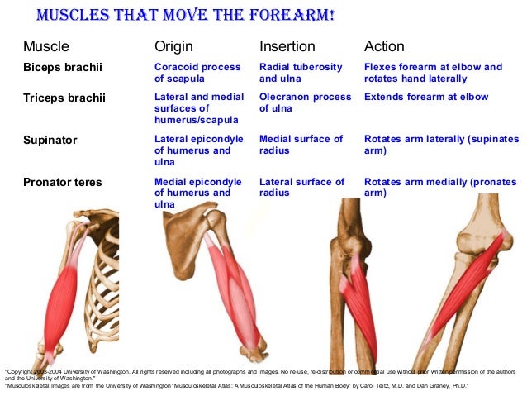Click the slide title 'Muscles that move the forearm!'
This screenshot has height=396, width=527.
(x=185, y=16)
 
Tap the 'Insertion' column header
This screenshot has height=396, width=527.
(x=287, y=46)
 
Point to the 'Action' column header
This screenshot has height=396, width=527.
(x=384, y=46)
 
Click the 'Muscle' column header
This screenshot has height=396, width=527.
(x=45, y=46)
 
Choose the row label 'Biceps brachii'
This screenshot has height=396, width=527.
(x=63, y=68)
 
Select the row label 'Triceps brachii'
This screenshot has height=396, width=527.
(x=64, y=98)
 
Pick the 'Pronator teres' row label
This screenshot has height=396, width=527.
(x=63, y=182)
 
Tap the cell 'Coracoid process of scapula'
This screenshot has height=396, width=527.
(x=197, y=73)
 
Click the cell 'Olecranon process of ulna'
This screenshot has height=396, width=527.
(x=305, y=103)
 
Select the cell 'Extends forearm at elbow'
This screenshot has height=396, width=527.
(x=426, y=97)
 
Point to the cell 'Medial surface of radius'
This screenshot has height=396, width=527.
(x=301, y=145)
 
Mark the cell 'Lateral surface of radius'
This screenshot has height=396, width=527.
(x=301, y=187)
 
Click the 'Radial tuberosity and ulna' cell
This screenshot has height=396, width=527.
(x=301, y=73)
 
